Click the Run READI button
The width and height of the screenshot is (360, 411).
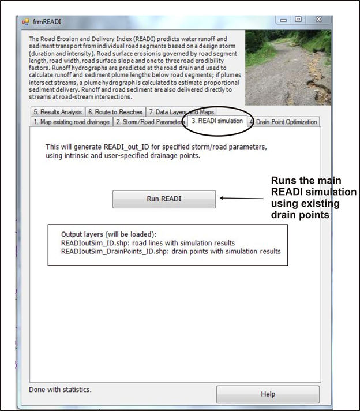(x=164, y=199)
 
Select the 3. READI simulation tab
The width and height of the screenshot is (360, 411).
(x=217, y=121)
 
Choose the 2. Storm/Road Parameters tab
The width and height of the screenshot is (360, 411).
(x=150, y=122)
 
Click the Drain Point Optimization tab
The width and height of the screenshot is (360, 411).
(x=283, y=122)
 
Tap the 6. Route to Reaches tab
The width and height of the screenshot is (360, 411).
(x=115, y=112)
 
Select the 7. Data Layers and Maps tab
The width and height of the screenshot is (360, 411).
(x=181, y=112)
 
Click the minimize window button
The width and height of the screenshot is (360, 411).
(x=283, y=20)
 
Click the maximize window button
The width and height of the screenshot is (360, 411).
(x=298, y=20)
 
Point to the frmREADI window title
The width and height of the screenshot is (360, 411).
(x=47, y=22)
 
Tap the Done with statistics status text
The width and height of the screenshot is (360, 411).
(x=60, y=389)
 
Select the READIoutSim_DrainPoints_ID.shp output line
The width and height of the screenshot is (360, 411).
(x=170, y=251)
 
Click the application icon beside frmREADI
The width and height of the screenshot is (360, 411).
(x=25, y=22)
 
